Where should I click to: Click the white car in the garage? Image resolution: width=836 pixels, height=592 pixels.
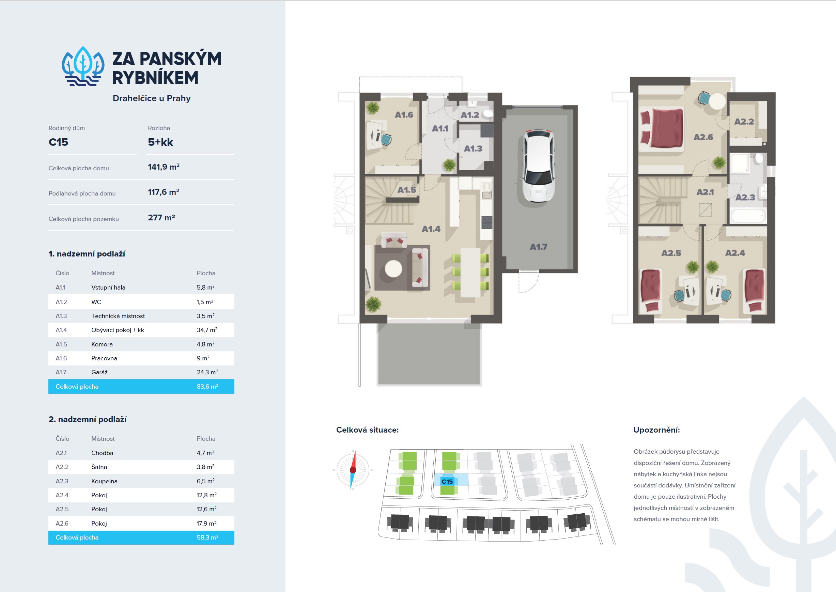coord(539,166)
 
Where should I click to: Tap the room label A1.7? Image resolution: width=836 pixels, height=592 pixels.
coord(538,247)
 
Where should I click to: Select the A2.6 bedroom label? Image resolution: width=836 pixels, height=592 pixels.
coord(703,137)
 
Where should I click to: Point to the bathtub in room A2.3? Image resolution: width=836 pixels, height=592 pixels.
coord(747,215)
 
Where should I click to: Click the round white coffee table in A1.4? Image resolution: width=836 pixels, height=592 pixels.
coord(393,269)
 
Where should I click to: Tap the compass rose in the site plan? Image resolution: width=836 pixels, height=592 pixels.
coord(353,470)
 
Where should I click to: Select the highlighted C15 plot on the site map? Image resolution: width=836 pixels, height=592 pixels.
coord(451,480)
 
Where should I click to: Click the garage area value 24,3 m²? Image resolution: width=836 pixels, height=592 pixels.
coord(207,372)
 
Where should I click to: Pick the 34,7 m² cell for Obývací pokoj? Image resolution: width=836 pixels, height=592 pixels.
coord(207,330)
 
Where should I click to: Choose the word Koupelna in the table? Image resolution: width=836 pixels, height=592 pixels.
coord(104,481)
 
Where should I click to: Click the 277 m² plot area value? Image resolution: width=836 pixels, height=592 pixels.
coord(161,218)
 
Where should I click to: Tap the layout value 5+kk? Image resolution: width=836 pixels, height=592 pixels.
coord(160,142)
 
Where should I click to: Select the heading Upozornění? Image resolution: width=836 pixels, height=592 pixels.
coord(656,430)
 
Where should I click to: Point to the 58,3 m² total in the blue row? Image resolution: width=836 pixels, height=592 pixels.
coord(207,537)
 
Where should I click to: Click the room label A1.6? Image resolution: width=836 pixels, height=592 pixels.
coord(404,115)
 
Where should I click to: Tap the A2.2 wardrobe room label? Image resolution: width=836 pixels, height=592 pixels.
coord(744,122)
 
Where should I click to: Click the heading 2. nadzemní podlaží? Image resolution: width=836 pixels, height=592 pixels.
coord(88,419)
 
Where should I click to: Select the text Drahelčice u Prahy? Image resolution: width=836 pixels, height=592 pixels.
coord(152,98)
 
